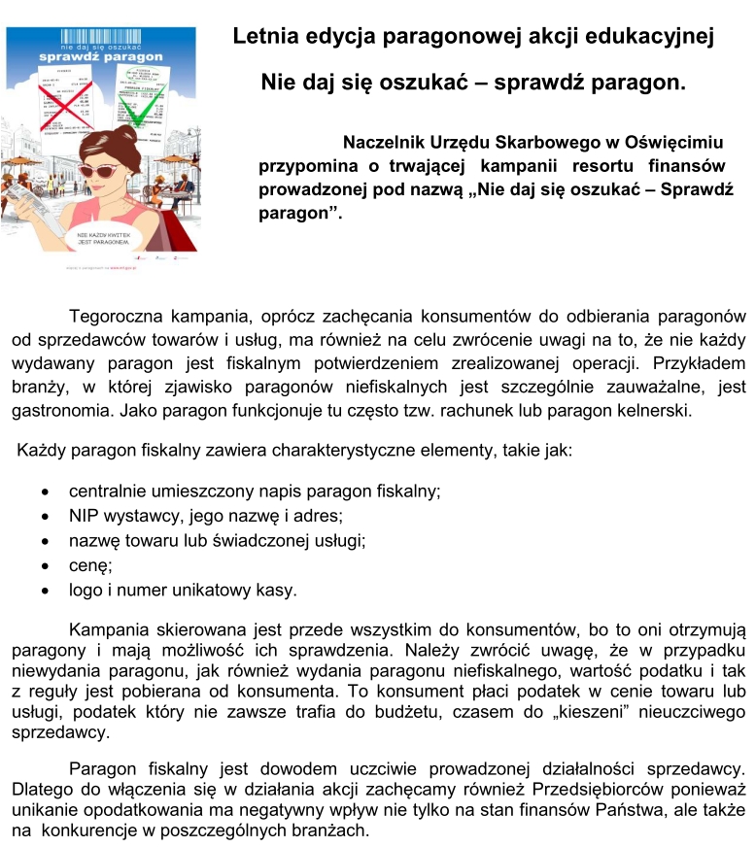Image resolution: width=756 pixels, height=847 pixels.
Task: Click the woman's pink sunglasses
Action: pyautogui.click(x=99, y=170)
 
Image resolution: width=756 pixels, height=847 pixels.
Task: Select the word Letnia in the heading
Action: pyautogui.click(x=267, y=38)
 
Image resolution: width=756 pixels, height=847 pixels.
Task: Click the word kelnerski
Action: pyautogui.click(x=657, y=409)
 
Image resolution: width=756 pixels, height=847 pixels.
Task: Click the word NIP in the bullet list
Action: pyautogui.click(x=84, y=515)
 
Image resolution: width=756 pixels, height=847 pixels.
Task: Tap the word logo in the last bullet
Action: pyautogui.click(x=86, y=590)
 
